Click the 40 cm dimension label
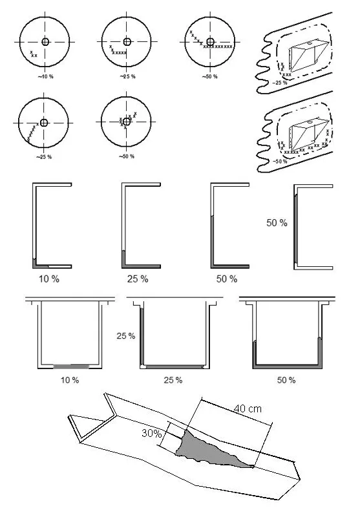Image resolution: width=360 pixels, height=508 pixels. [248, 408]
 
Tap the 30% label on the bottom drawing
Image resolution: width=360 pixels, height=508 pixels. [151, 433]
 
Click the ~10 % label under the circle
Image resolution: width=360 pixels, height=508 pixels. [46, 77]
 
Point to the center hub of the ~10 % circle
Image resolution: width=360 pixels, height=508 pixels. [45, 41]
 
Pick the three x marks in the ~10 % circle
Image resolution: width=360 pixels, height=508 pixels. [34, 54]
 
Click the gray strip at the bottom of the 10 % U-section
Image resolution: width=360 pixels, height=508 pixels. [71, 366]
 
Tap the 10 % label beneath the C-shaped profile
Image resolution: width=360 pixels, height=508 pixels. [49, 279]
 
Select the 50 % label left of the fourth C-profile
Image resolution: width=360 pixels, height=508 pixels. [277, 223]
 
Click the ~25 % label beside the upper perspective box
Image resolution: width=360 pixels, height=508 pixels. [279, 83]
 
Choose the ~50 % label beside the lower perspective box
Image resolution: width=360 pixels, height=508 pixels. [280, 162]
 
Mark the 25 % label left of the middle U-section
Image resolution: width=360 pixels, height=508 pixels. [126, 336]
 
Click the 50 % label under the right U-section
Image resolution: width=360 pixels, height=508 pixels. [286, 380]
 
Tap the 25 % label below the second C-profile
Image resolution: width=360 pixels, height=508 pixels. [138, 279]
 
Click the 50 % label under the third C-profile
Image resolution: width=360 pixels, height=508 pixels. [227, 279]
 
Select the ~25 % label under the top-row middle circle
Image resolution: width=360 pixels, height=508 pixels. [128, 77]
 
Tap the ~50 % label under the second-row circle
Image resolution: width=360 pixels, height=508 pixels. [127, 156]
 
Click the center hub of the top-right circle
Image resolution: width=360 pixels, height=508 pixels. [210, 41]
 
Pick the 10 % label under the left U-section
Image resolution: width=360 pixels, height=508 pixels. [70, 380]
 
